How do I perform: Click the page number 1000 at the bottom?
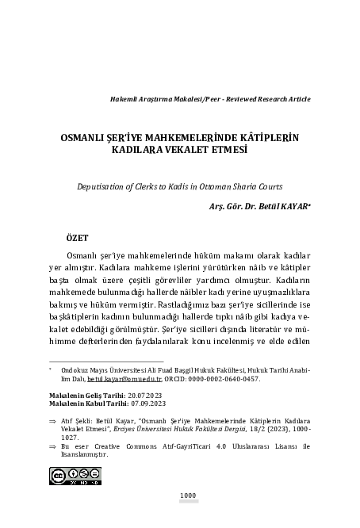click(188, 495)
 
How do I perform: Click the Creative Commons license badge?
click(68, 476)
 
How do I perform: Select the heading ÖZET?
click(77, 238)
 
